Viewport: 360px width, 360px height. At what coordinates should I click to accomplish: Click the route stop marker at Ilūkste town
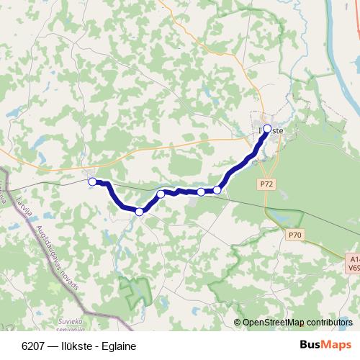tap(267, 129)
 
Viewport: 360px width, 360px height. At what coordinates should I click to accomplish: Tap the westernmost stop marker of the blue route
tap(92, 182)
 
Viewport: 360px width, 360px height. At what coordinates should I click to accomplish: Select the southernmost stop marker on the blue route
tap(139, 212)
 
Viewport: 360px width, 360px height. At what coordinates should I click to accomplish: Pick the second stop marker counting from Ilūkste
tap(217, 190)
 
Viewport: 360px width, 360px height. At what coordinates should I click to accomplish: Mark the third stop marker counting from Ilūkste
tap(201, 192)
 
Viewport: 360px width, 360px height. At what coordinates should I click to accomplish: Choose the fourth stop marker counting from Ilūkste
tap(161, 194)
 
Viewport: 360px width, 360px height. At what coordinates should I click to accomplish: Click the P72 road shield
tap(266, 185)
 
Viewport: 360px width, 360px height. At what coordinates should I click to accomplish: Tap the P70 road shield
tap(293, 235)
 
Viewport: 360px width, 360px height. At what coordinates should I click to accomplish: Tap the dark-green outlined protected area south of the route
tap(136, 292)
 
